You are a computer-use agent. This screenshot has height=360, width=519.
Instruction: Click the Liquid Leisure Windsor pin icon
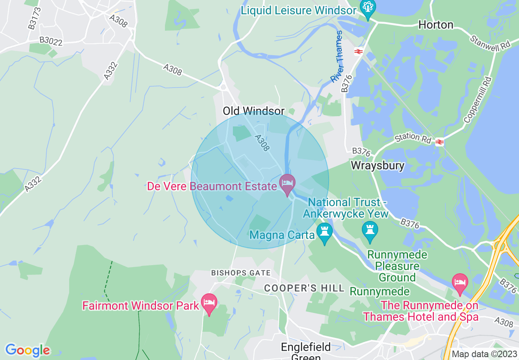pyautogui.click(x=367, y=8)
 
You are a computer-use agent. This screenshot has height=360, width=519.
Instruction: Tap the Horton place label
pyautogui.click(x=436, y=25)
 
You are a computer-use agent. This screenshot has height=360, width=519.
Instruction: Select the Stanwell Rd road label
pyautogui.click(x=491, y=43)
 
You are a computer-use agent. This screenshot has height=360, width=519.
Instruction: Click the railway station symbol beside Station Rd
pyautogui.click(x=440, y=142)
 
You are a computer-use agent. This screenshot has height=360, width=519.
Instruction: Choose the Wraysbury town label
pyautogui.click(x=378, y=166)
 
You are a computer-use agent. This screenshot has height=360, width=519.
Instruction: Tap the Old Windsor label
pyautogui.click(x=253, y=111)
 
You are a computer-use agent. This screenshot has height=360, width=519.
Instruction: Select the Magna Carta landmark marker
pyautogui.click(x=325, y=232)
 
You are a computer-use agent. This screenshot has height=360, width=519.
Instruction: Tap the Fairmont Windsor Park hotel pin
pyautogui.click(x=209, y=303)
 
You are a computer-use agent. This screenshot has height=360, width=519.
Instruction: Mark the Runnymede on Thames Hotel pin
pyautogui.click(x=460, y=283)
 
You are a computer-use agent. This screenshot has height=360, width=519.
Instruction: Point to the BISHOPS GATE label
pyautogui.click(x=241, y=273)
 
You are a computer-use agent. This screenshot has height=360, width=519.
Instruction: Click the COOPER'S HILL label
pyautogui.click(x=304, y=288)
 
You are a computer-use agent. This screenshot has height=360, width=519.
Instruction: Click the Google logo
pyautogui.click(x=27, y=350)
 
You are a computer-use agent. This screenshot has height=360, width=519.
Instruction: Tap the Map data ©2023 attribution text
pyautogui.click(x=484, y=354)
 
